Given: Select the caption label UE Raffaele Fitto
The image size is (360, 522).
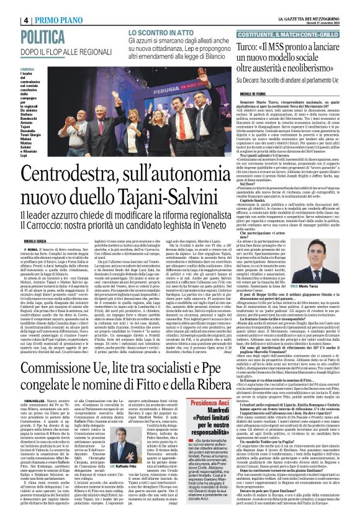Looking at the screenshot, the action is point(143,482).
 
